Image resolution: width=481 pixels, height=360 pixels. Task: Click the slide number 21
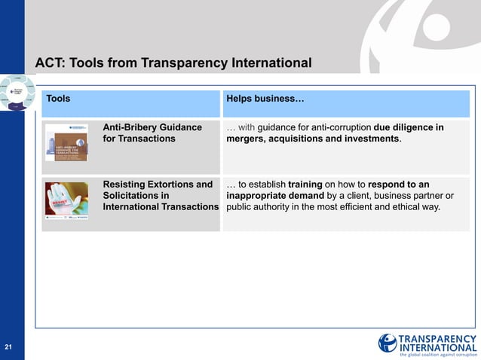[8, 347]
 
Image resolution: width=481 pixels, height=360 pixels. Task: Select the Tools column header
[59, 99]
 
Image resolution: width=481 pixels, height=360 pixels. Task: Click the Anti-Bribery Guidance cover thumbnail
[66, 142]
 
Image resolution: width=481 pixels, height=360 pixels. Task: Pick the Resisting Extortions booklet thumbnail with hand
[66, 200]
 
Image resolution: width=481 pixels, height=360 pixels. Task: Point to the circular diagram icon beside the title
[17, 93]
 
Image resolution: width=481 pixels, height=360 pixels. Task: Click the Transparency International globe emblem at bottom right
[388, 343]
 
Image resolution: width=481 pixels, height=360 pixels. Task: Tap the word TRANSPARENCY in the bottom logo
[437, 338]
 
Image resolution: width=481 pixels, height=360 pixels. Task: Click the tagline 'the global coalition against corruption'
[438, 354]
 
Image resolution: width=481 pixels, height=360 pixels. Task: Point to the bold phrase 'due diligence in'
[409, 127]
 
